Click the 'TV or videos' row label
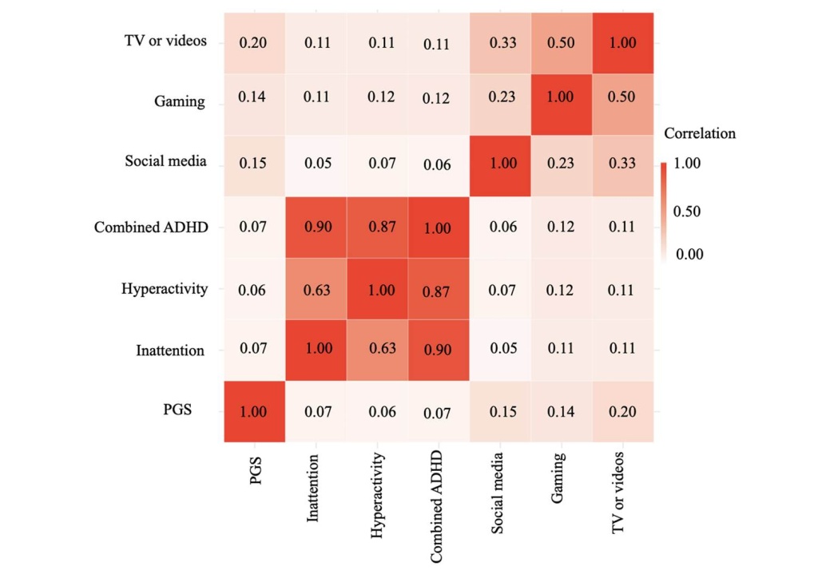(x=165, y=42)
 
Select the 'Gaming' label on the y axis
(x=180, y=102)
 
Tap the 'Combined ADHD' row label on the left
(x=151, y=227)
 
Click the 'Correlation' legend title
(x=699, y=133)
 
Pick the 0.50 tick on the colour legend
(x=692, y=212)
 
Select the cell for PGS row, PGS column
(x=253, y=412)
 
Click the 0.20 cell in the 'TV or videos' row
(x=253, y=42)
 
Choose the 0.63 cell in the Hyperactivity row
(x=315, y=289)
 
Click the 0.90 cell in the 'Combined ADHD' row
(x=315, y=228)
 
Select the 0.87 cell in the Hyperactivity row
(x=438, y=289)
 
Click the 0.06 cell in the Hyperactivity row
(x=253, y=289)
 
